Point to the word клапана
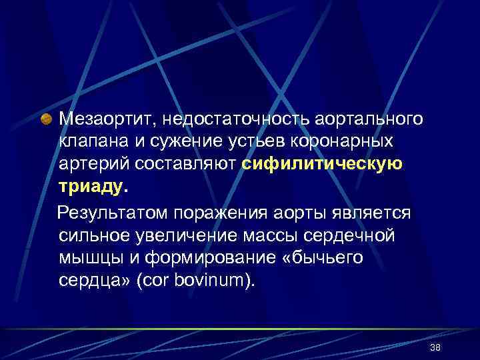coord(95,142)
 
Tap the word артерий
coord(93,165)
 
